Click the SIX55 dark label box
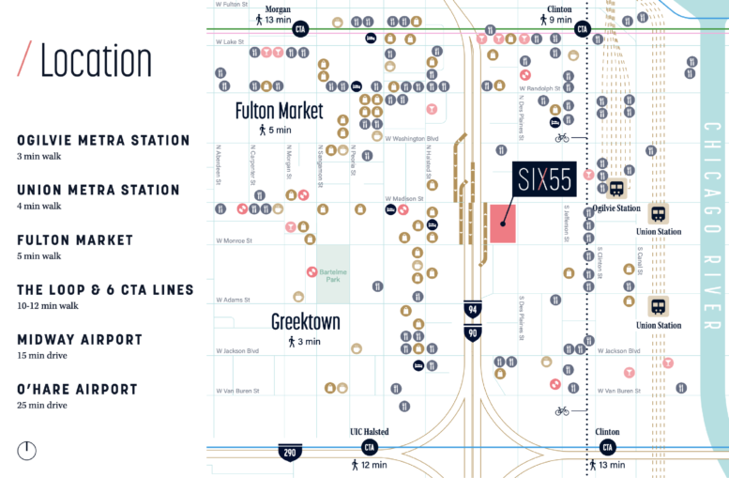(x=542, y=179)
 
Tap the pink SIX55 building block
(x=503, y=223)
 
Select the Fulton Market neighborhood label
(x=279, y=111)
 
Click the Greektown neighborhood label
(x=305, y=321)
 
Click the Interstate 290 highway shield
(x=289, y=453)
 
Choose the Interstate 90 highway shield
(x=473, y=332)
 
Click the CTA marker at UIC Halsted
(x=370, y=447)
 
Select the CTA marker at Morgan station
(x=300, y=28)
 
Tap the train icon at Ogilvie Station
(x=616, y=188)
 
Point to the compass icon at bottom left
(x=27, y=451)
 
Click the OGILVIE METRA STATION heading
(x=103, y=140)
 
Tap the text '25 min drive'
(x=42, y=405)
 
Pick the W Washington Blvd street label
(x=415, y=139)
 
